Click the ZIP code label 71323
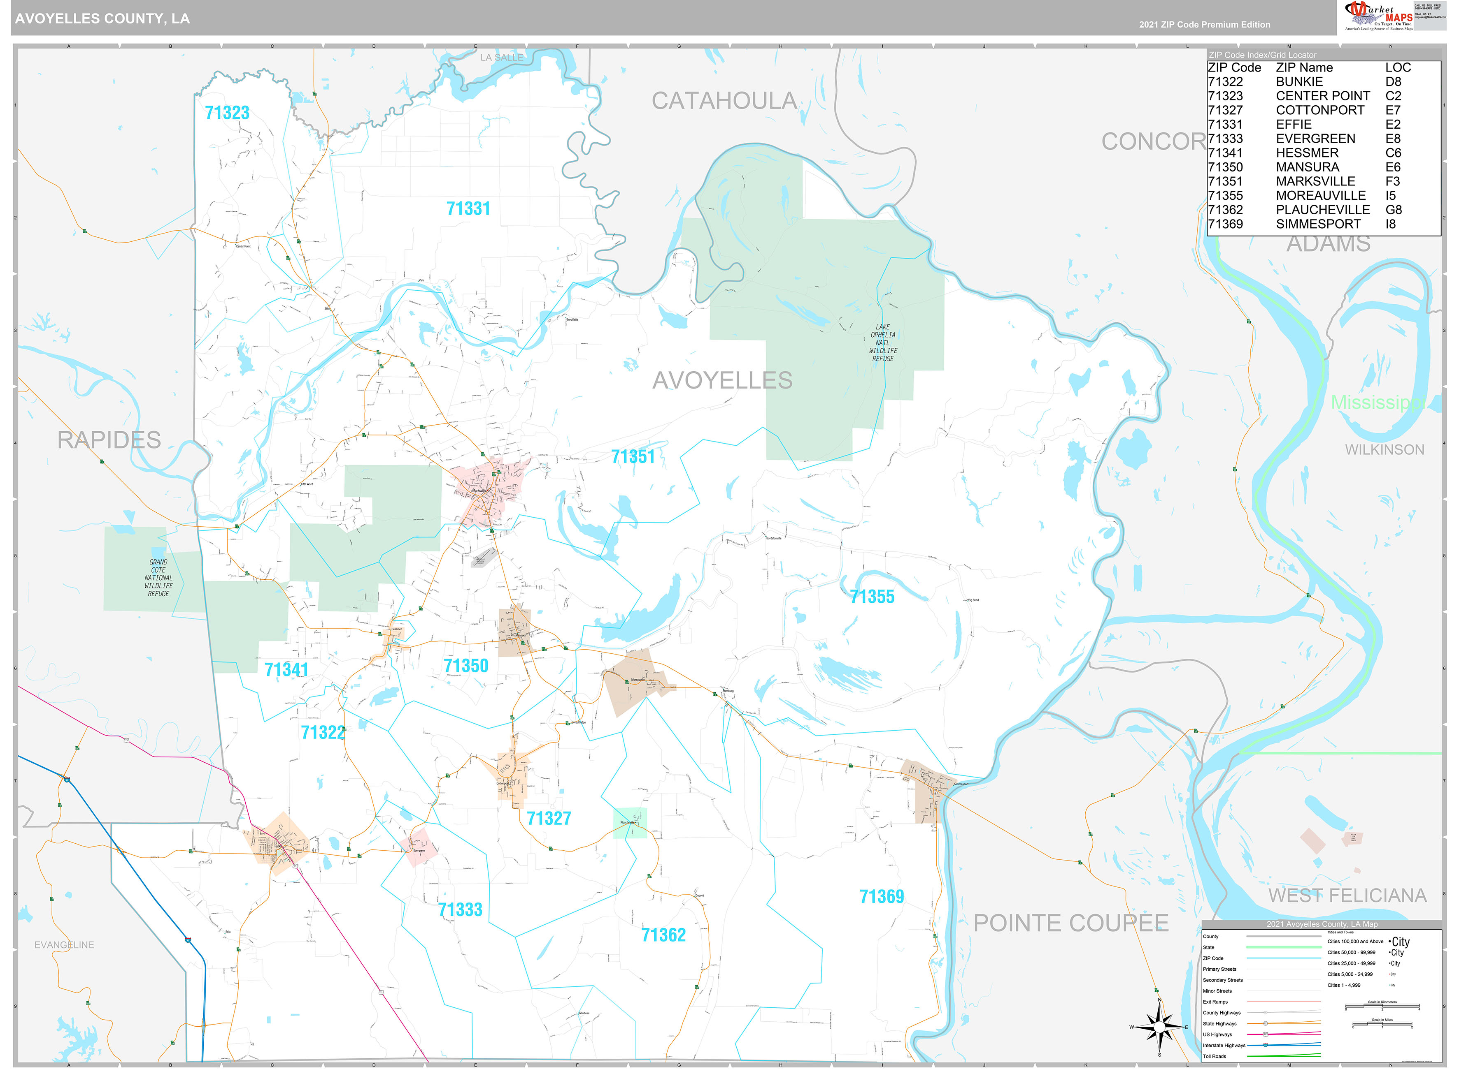227,113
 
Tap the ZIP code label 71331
468,209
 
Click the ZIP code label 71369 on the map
881,897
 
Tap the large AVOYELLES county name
722,380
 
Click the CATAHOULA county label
724,101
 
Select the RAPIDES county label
109,440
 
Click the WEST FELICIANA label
1347,895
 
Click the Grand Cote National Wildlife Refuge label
158,578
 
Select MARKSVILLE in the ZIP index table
1315,182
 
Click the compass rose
1159,1027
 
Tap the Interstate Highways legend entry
1224,1045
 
